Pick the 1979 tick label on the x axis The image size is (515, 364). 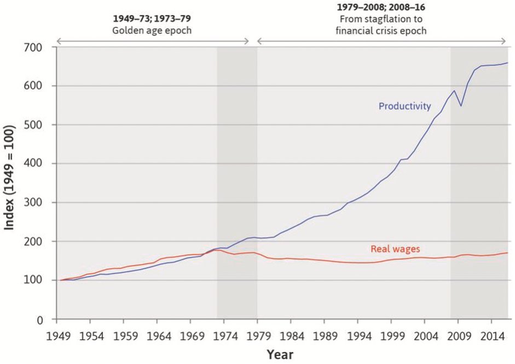(x=257, y=334)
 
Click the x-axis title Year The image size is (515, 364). (x=280, y=355)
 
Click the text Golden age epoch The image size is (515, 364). (x=152, y=30)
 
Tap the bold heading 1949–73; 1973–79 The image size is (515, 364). (x=152, y=18)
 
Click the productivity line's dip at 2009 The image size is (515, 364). (x=461, y=105)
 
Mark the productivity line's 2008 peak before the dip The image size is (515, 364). (x=454, y=91)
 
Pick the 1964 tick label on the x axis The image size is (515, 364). (x=158, y=334)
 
